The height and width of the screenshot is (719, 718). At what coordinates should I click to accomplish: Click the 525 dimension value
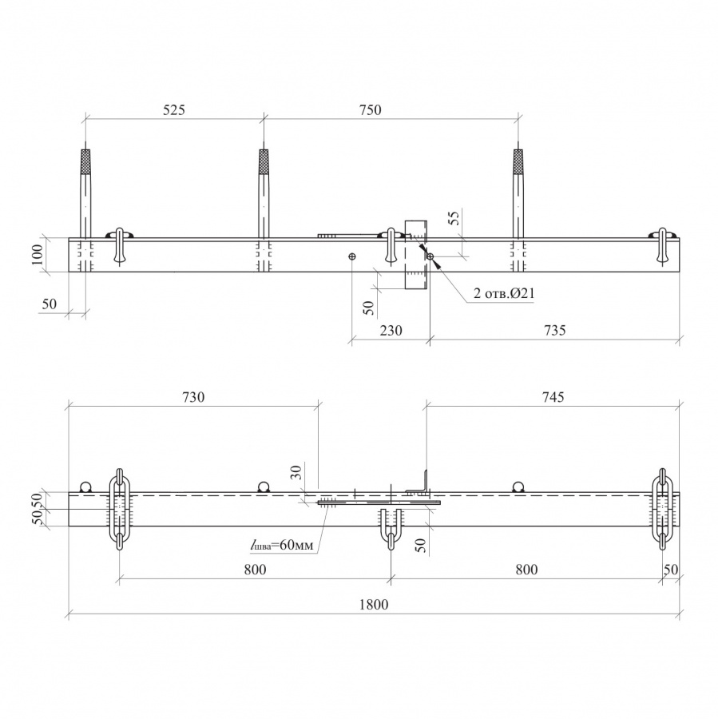point(174,110)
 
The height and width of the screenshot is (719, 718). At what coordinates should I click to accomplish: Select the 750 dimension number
point(370,110)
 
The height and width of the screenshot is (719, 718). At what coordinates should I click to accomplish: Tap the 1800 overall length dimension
point(374,605)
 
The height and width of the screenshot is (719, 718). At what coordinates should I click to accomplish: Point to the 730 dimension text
point(193,397)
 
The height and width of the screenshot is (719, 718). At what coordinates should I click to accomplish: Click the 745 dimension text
point(553,397)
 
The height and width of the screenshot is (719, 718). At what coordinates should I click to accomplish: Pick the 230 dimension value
point(391,330)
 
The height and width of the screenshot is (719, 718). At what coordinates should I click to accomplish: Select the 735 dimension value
point(555,330)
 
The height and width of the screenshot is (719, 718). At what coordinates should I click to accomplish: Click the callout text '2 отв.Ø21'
point(504,293)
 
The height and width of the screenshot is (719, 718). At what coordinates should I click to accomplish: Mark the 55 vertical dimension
point(454,217)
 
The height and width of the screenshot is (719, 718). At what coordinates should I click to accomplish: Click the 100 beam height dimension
point(38,255)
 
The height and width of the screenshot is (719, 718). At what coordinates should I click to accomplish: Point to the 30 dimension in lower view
point(296,472)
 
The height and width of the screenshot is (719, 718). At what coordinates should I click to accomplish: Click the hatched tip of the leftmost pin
point(85,161)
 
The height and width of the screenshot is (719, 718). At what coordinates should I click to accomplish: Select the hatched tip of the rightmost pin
point(518,161)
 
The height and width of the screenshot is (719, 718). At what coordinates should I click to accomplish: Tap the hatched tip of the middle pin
point(264,161)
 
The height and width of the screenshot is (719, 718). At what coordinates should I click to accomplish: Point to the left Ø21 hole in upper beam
point(352,256)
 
